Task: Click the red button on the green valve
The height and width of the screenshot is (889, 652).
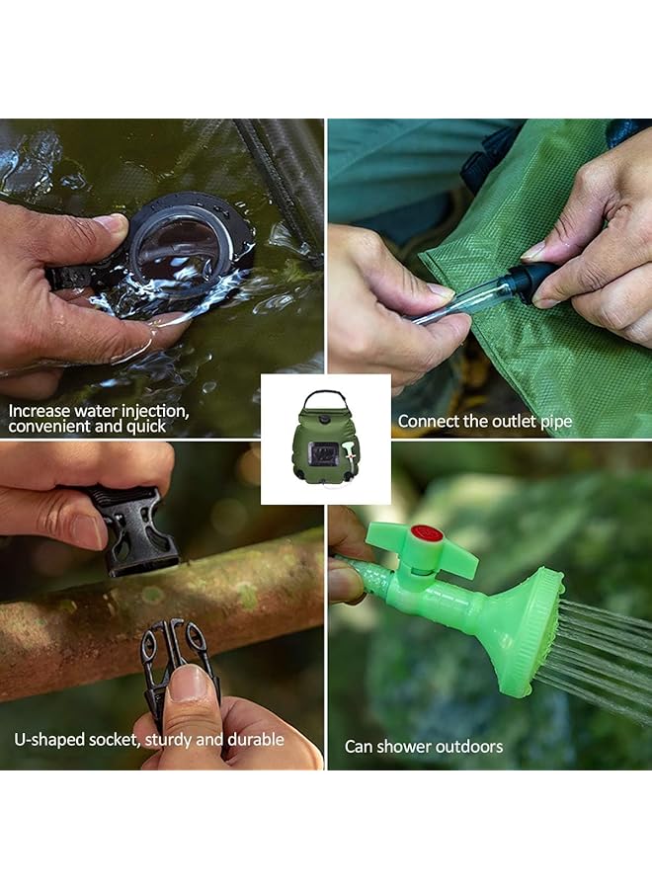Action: tap(426, 533)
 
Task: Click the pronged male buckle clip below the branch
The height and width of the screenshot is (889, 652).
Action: tap(176, 657)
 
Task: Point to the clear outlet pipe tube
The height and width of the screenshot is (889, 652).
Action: tap(464, 300)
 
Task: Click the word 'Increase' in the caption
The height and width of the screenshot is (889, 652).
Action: tap(41, 410)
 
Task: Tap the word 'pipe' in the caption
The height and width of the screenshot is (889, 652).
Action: tap(555, 422)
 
